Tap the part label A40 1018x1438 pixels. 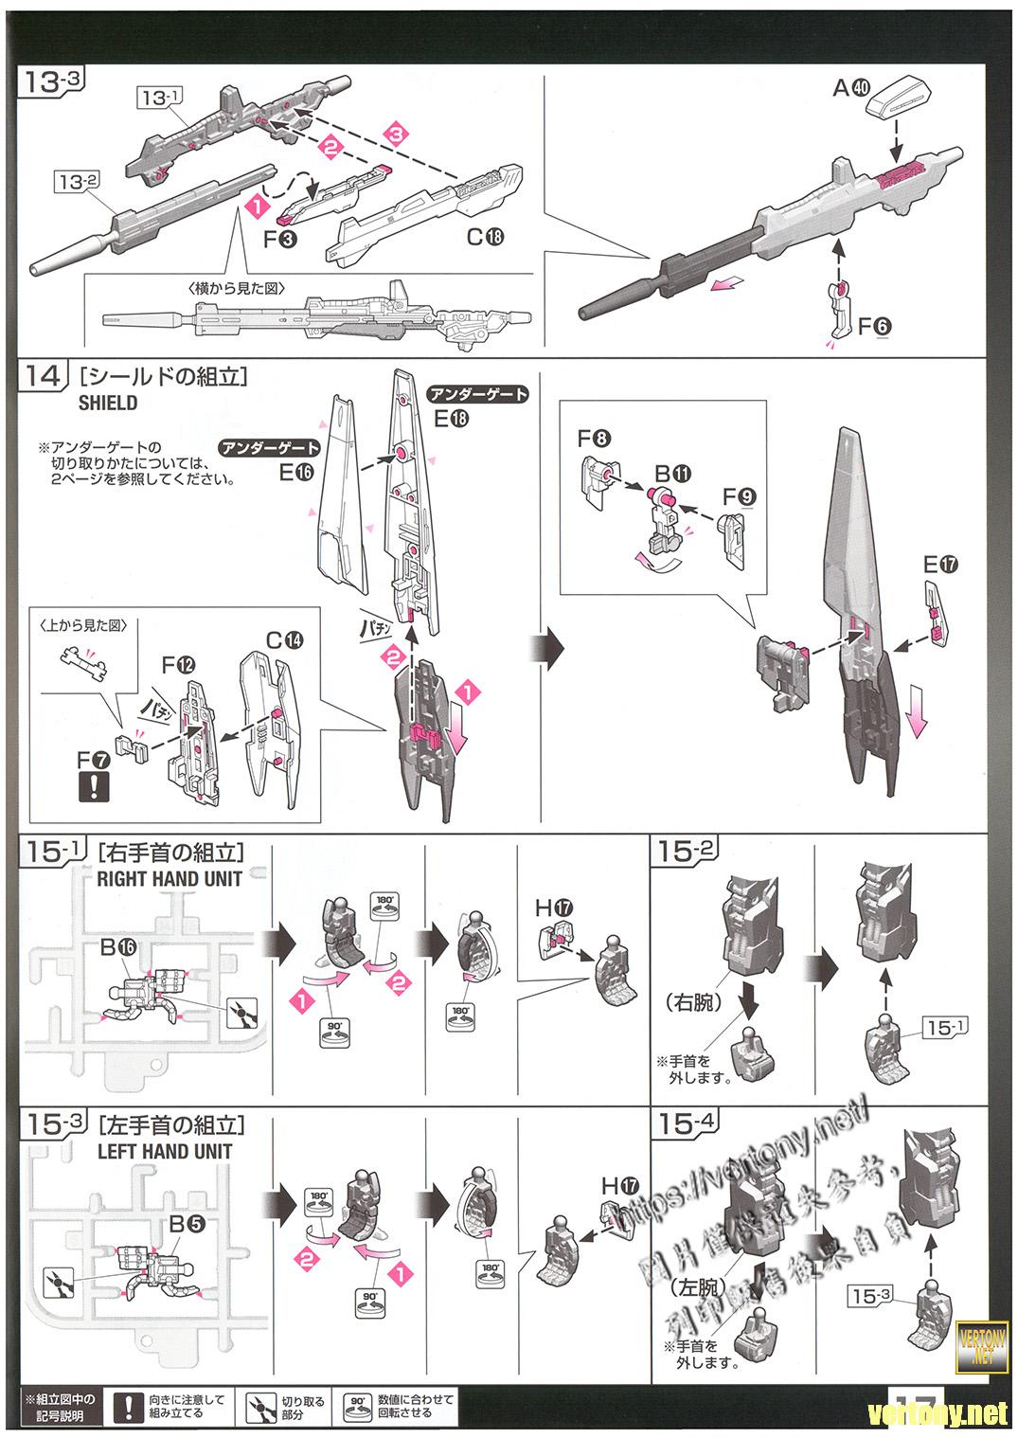click(850, 88)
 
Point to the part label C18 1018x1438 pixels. click(486, 238)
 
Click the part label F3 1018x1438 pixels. click(280, 239)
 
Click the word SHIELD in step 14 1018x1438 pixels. click(108, 403)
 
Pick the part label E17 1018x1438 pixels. click(940, 566)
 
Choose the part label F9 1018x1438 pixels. click(739, 495)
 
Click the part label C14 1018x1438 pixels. click(284, 640)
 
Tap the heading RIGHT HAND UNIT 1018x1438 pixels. click(170, 878)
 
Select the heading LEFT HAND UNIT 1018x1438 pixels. click(165, 1151)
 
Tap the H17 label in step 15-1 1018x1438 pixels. click(554, 908)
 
